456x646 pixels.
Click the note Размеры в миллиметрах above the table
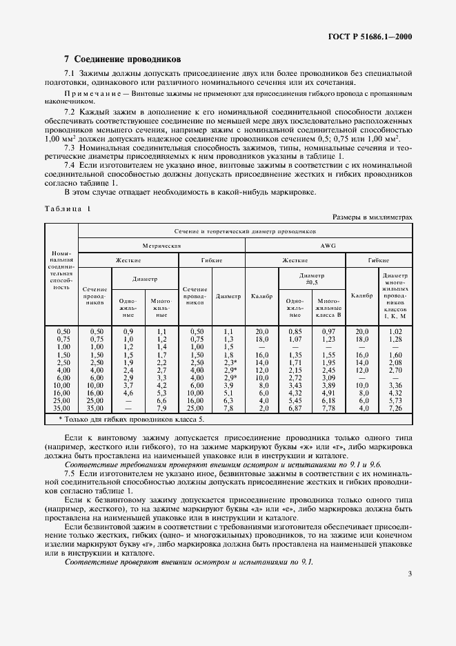tap(373, 217)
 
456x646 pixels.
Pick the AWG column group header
tap(329, 245)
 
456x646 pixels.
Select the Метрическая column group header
tap(161, 245)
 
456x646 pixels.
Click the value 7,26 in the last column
tap(395, 408)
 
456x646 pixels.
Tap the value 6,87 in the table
tap(295, 408)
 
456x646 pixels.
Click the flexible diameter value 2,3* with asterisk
tap(230, 362)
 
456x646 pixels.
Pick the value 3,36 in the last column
tap(395, 385)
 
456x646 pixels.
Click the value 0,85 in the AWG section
tap(295, 332)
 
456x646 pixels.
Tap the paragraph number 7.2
tap(70, 111)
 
